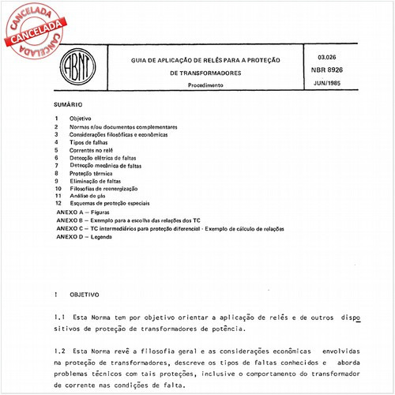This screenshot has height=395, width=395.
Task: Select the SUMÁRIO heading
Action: click(70, 104)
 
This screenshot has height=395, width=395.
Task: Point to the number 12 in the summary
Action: click(58, 204)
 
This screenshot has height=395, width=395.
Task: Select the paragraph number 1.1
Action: click(59, 314)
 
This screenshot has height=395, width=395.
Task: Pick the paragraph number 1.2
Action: click(59, 350)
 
